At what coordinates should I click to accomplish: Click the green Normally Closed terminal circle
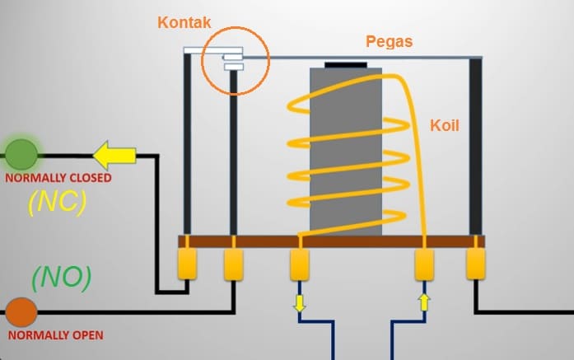[x=22, y=153]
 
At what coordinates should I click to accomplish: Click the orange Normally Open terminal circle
[x=21, y=313]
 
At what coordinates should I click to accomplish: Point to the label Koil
[x=445, y=126]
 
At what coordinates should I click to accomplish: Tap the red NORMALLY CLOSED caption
[x=58, y=177]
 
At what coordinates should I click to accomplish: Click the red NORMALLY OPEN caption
[x=56, y=336]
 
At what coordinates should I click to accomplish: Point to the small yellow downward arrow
[x=299, y=304]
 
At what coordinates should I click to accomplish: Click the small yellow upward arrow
[x=424, y=302]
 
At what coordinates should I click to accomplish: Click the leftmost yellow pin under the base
[x=189, y=265]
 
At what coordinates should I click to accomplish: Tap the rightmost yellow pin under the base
[x=477, y=265]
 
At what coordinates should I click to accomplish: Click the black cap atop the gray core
[x=346, y=64]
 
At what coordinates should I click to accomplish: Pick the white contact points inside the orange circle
[x=233, y=60]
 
